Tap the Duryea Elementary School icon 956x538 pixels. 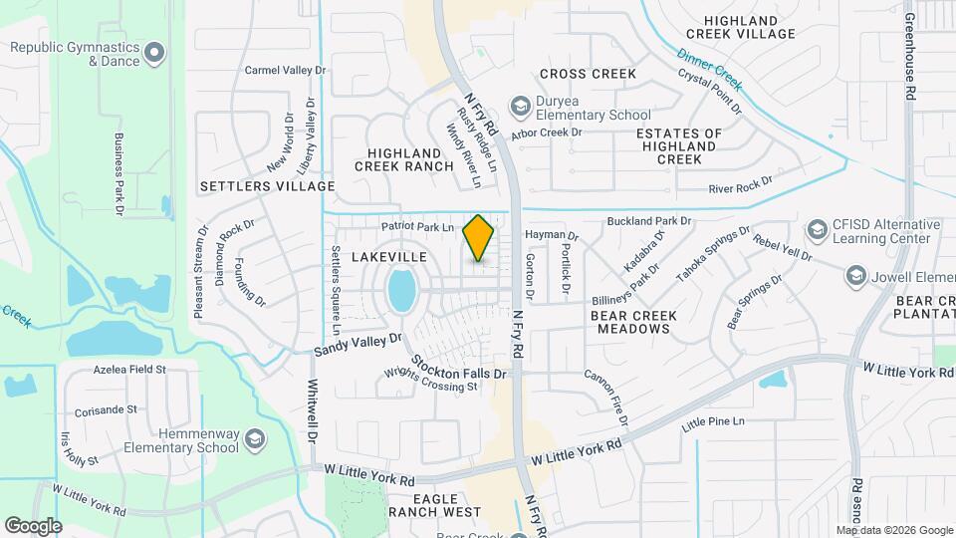[x=519, y=105]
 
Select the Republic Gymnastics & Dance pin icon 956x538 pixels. [x=153, y=52]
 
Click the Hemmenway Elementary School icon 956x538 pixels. [x=255, y=439]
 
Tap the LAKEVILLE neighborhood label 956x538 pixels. [x=389, y=257]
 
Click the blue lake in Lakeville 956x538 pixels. [x=402, y=290]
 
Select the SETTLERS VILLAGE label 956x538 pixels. [x=267, y=186]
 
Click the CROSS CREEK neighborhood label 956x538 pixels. [x=588, y=74]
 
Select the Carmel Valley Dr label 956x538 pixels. [x=286, y=71]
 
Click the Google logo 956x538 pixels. [x=33, y=525]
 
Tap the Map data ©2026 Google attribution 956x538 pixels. [x=894, y=530]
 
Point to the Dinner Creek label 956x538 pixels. [x=710, y=67]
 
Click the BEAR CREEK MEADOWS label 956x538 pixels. [x=633, y=322]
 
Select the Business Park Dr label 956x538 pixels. [x=119, y=175]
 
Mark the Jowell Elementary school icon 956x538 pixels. [x=855, y=274]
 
